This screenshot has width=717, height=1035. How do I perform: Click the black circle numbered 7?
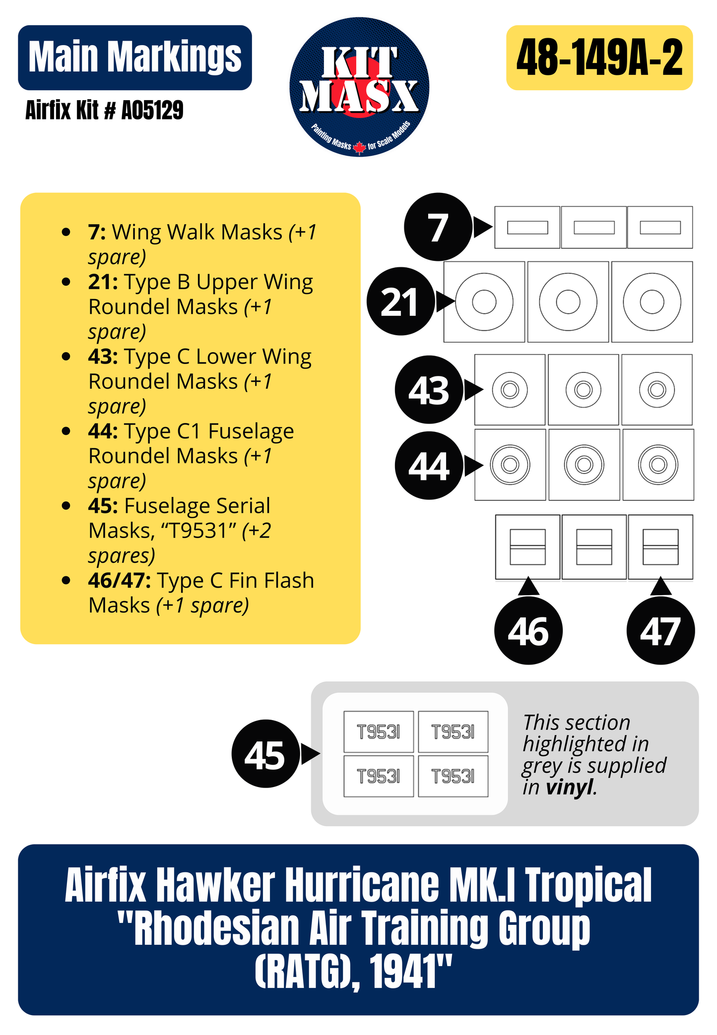tap(438, 227)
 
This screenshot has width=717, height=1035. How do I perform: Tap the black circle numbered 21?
tap(400, 302)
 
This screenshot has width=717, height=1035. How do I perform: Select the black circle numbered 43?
tap(429, 389)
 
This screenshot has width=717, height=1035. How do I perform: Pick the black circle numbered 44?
tap(429, 465)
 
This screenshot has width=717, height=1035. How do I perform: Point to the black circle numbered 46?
tap(528, 631)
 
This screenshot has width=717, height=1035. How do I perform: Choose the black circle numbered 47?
tap(660, 631)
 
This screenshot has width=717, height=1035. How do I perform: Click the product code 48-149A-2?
tap(599, 58)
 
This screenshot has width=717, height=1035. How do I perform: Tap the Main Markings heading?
tap(135, 58)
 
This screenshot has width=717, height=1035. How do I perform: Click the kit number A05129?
tap(152, 110)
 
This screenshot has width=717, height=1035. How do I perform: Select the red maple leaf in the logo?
tap(359, 147)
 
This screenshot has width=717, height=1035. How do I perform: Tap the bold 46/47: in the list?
tap(120, 580)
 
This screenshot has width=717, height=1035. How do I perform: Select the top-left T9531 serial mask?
tap(378, 731)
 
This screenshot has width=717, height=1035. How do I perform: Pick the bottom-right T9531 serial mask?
tap(453, 776)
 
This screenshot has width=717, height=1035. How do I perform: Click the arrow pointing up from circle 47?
tap(660, 587)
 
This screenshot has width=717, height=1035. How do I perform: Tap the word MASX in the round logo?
tap(359, 95)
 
